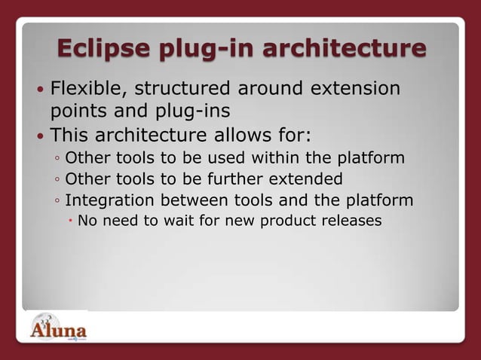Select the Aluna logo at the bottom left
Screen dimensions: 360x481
[x=59, y=329]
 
